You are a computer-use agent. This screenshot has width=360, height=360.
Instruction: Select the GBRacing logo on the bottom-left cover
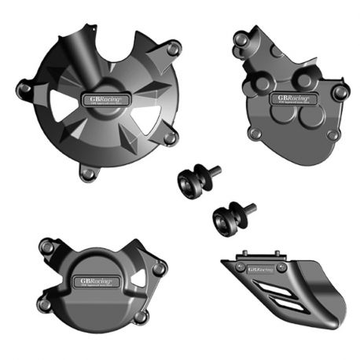pyautogui.click(x=94, y=280)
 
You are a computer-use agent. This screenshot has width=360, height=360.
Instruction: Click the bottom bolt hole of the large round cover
pyautogui.click(x=89, y=172)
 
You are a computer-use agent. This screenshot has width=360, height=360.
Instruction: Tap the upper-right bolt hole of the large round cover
pyautogui.click(x=173, y=49)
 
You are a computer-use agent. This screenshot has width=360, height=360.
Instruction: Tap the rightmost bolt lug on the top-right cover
pyautogui.click(x=340, y=93)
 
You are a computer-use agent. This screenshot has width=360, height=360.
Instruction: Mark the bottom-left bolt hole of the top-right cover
pyautogui.click(x=255, y=133)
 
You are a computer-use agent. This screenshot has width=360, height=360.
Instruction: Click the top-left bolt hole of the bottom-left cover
pyautogui.click(x=47, y=248)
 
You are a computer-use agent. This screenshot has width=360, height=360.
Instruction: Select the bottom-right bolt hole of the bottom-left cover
pyautogui.click(x=141, y=317)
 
